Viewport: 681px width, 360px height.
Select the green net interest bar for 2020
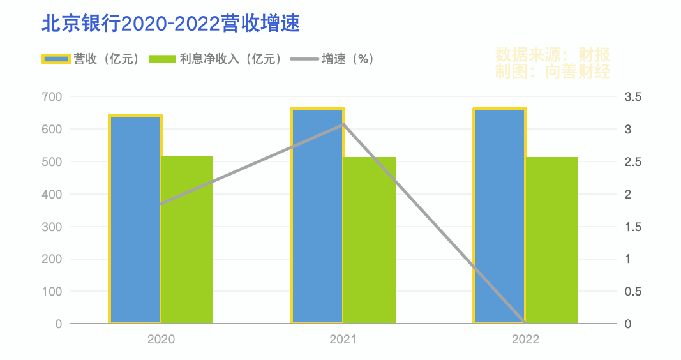[x=187, y=240]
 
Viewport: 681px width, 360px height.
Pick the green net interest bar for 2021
[x=370, y=240]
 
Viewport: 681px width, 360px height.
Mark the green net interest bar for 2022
[x=551, y=240]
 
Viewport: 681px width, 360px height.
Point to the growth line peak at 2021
[x=343, y=124]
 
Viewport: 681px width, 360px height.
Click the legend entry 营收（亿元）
[x=91, y=59]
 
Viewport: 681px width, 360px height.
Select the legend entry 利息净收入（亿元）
[x=216, y=59]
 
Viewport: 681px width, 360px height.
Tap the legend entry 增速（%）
[x=332, y=59]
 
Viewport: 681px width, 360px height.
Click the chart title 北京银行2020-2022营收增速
[x=170, y=24]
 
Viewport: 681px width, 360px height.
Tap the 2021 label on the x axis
[x=343, y=339]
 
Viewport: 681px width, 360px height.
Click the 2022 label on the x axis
[x=525, y=339]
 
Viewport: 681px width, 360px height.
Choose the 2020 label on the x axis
[x=161, y=339]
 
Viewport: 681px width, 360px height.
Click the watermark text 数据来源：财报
[x=553, y=54]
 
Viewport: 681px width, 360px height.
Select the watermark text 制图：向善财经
[x=553, y=71]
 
